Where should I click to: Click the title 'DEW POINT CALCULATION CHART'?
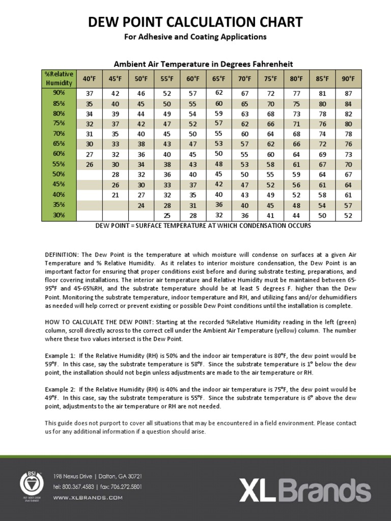point(195,22)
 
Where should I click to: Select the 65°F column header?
point(219,79)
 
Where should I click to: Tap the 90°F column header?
point(348,79)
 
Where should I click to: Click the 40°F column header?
point(90,79)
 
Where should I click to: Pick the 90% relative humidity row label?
point(59,93)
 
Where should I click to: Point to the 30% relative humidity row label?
point(59,215)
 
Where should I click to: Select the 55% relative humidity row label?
point(59,164)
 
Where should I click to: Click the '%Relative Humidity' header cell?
point(59,79)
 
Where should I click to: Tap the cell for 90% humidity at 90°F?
point(348,94)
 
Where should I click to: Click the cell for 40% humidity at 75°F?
point(271,195)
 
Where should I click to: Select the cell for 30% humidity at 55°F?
point(167,216)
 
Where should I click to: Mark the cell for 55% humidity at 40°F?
point(90,165)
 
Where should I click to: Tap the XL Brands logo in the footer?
point(305,490)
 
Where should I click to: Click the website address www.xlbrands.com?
point(88,498)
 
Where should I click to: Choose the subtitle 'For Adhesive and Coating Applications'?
point(195,37)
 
